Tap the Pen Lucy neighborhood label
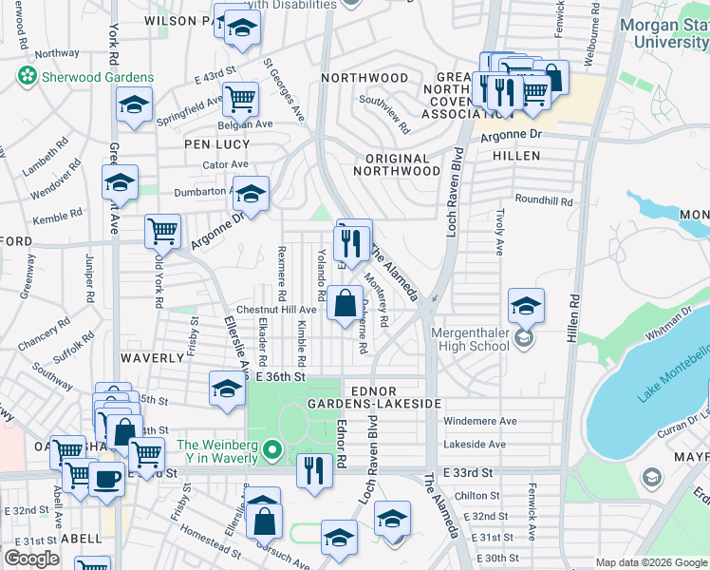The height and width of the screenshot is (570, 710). pyautogui.click(x=216, y=144)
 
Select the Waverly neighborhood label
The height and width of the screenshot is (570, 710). pyautogui.click(x=152, y=358)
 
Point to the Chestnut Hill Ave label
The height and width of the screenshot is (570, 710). pyautogui.click(x=276, y=310)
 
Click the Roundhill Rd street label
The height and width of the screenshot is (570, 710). pyautogui.click(x=544, y=201)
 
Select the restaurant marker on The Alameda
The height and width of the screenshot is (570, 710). pyautogui.click(x=353, y=242)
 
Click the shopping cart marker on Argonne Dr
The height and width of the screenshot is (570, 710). pyautogui.click(x=163, y=231)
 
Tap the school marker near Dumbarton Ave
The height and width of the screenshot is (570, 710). pyautogui.click(x=251, y=194)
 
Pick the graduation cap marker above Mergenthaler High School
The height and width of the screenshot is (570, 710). pyautogui.click(x=526, y=306)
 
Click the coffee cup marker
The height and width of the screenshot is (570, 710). pyautogui.click(x=106, y=478)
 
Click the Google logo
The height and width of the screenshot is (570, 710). pyautogui.click(x=31, y=559)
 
